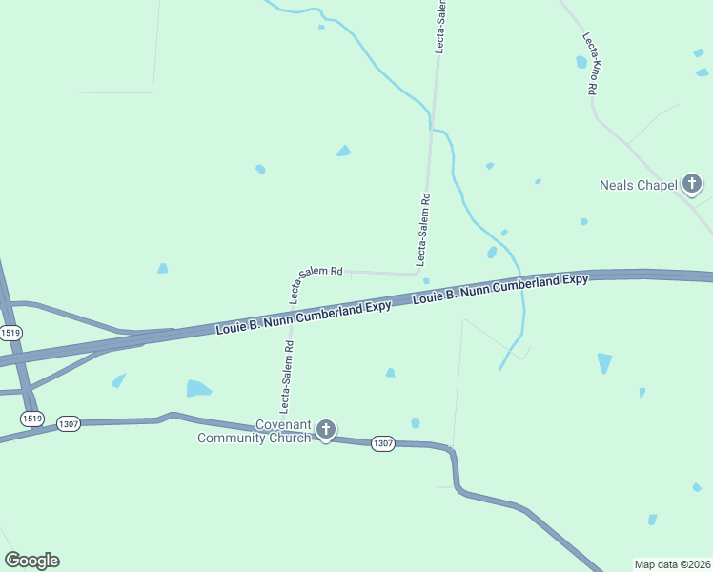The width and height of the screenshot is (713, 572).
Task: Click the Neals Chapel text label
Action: (638, 185)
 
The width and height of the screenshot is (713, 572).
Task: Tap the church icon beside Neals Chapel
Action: (692, 184)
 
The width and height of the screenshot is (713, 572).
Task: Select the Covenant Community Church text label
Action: (255, 432)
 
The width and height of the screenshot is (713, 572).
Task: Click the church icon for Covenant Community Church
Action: (326, 430)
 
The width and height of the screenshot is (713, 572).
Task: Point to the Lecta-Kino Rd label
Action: (590, 64)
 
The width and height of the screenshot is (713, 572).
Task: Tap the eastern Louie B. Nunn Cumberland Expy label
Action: (500, 288)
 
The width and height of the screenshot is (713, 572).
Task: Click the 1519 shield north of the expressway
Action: (10, 333)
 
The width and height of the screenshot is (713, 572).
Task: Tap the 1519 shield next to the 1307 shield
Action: (32, 419)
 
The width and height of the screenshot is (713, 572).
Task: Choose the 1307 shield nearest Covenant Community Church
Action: (383, 444)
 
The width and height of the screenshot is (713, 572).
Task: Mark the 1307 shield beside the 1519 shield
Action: (68, 423)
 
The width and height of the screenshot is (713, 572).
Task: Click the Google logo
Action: (31, 561)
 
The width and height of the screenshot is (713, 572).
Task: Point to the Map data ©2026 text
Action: (672, 563)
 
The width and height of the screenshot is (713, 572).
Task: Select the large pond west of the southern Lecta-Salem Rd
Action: (197, 388)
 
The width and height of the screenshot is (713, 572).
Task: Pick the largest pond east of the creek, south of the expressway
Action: (604, 362)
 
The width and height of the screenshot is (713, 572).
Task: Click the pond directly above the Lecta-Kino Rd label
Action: (581, 62)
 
